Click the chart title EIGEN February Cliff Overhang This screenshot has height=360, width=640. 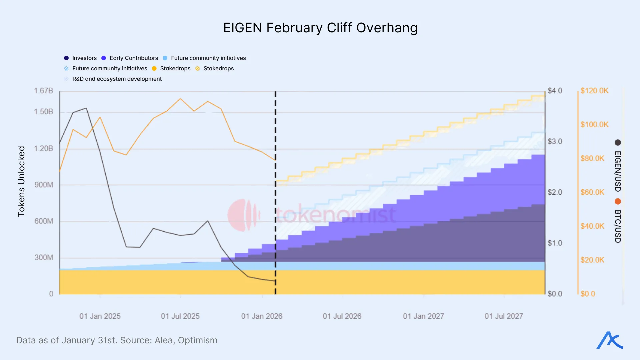pyautogui.click(x=320, y=28)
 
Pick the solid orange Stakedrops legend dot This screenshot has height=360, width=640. pyautogui.click(x=154, y=68)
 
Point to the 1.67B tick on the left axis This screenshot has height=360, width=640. pyautogui.click(x=43, y=91)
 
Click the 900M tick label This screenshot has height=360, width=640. pyautogui.click(x=44, y=185)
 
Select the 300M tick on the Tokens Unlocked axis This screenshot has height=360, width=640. pyautogui.click(x=44, y=257)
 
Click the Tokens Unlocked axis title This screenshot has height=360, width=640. pyautogui.click(x=21, y=181)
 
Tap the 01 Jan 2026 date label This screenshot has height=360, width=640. pyautogui.click(x=262, y=316)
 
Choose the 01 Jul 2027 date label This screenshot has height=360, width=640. pyautogui.click(x=504, y=316)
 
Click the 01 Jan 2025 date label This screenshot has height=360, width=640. pyautogui.click(x=100, y=316)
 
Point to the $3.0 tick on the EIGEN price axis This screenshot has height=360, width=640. pyautogui.click(x=555, y=141)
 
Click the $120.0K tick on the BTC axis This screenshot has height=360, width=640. pyautogui.click(x=594, y=91)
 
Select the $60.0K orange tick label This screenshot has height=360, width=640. pyautogui.click(x=592, y=192)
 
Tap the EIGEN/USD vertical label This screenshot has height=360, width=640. pyautogui.click(x=618, y=171)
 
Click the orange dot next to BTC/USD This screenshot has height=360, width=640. pyautogui.click(x=618, y=201)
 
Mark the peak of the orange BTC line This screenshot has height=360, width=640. pyautogui.click(x=180, y=99)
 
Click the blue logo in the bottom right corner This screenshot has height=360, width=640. pyautogui.click(x=610, y=340)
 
